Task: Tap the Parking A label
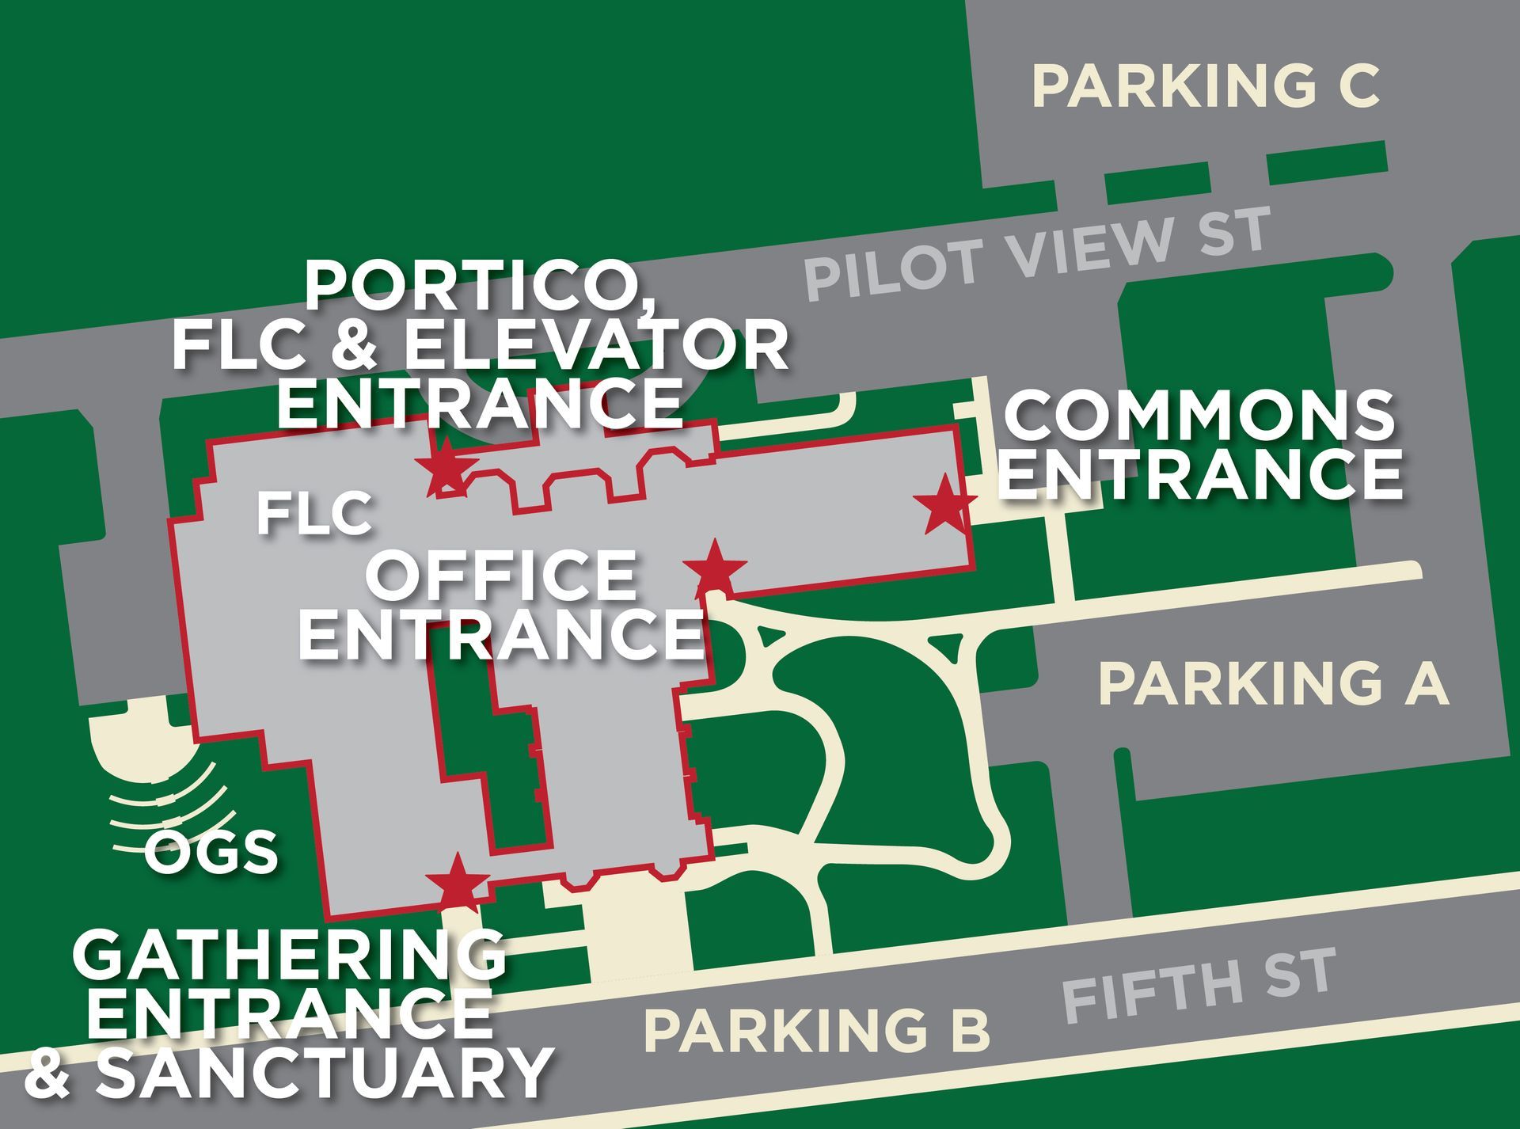point(1274,683)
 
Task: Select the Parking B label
point(817,1030)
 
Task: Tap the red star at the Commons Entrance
point(944,505)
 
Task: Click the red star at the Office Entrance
point(715,567)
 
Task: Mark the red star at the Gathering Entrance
point(457,882)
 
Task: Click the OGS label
point(211,852)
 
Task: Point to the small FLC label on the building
point(314,514)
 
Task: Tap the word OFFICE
point(501,576)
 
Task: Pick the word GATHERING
point(289,954)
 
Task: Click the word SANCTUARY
point(322,1071)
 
